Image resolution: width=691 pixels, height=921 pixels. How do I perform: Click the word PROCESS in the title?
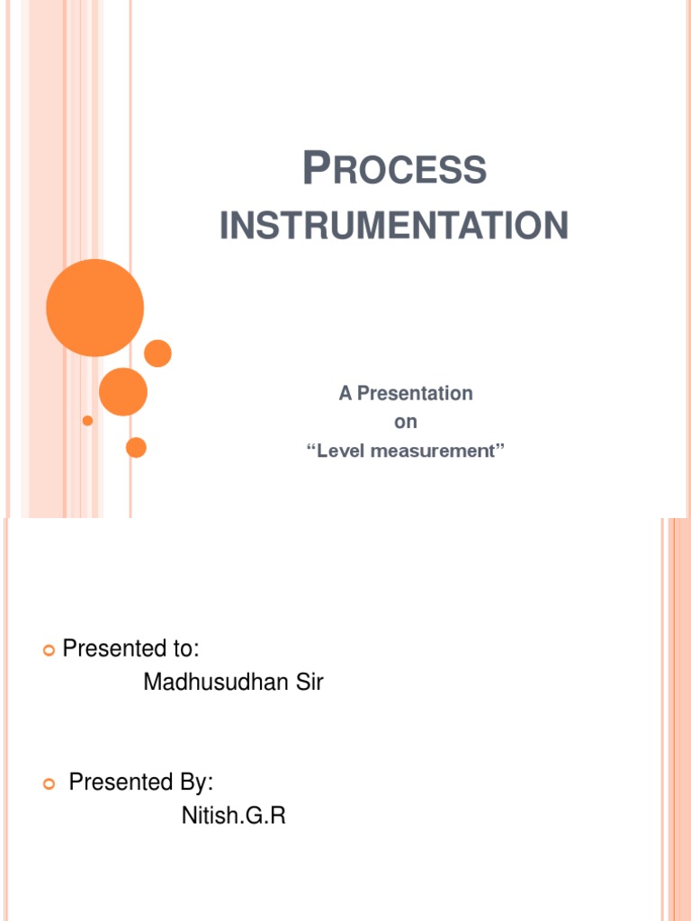[394, 170]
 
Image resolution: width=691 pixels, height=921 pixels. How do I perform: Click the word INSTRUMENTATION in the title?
[394, 225]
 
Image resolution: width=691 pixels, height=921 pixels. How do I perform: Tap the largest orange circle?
[94, 308]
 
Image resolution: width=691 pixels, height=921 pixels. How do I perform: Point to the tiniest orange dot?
[87, 420]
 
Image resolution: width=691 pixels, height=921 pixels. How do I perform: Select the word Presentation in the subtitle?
[415, 393]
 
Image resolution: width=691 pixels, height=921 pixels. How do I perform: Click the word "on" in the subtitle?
[406, 422]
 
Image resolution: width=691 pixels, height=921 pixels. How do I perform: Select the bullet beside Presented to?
[49, 649]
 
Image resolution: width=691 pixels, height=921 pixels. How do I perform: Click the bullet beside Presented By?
[49, 783]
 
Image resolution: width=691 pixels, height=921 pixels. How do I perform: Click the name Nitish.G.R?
[234, 817]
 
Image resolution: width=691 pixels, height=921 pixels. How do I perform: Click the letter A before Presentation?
[345, 393]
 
